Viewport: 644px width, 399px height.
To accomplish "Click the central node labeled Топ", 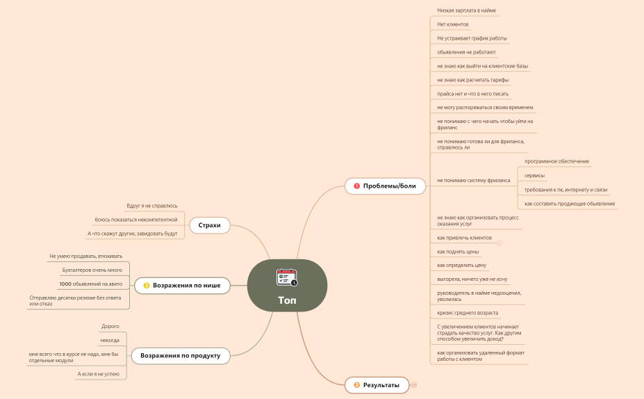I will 287,300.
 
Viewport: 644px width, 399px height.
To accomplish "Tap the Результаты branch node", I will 381,385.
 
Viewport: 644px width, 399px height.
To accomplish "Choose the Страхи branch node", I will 209,225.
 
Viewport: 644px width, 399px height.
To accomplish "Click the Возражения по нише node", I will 186,285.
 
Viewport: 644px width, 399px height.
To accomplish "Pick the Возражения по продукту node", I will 180,356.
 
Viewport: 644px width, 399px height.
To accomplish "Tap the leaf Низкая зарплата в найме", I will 467,10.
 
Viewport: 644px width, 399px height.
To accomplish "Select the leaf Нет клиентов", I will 453,24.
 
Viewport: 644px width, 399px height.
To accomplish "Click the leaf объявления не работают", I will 466,52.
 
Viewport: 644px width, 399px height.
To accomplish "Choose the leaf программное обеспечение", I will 556,161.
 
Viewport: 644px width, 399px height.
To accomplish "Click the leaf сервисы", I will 534,175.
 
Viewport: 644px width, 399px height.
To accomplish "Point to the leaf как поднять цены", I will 458,251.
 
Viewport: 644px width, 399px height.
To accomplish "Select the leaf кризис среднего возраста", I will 468,313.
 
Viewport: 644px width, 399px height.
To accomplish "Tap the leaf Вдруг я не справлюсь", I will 151,206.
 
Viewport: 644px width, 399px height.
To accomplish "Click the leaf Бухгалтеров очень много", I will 92,270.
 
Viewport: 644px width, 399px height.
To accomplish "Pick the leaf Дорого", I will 110,326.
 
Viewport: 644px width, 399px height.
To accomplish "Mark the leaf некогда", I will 110,340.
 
